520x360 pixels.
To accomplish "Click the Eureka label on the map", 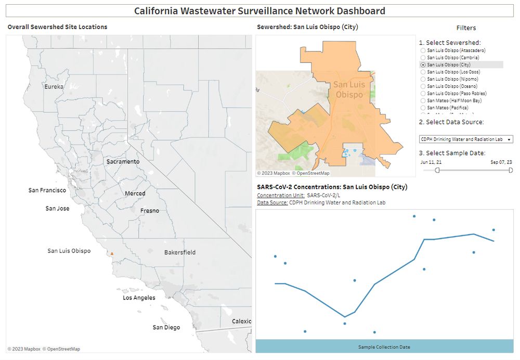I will point(54,86).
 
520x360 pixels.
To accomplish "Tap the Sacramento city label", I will point(123,162).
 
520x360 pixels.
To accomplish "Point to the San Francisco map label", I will point(47,190).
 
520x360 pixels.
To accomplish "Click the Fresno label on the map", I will point(150,211).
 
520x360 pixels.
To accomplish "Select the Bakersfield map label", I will point(180,252).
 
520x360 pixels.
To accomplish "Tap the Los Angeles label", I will point(139,298).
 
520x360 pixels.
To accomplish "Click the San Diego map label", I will point(166,328).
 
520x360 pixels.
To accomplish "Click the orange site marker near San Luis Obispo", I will point(111,254).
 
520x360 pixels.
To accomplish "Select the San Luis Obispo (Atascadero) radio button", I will point(423,50).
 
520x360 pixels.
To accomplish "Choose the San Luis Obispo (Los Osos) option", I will point(423,72).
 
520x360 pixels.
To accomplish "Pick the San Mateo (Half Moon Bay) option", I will point(423,100).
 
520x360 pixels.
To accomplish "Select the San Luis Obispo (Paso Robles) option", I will point(423,93).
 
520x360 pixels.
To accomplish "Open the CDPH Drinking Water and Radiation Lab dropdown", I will point(466,139).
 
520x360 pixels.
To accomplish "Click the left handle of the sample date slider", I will point(437,170).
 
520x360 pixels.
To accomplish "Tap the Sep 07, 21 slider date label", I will point(501,162).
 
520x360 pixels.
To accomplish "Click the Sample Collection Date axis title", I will point(384,347).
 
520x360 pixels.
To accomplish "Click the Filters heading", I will point(466,28).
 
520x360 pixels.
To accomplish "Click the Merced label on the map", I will point(135,194).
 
